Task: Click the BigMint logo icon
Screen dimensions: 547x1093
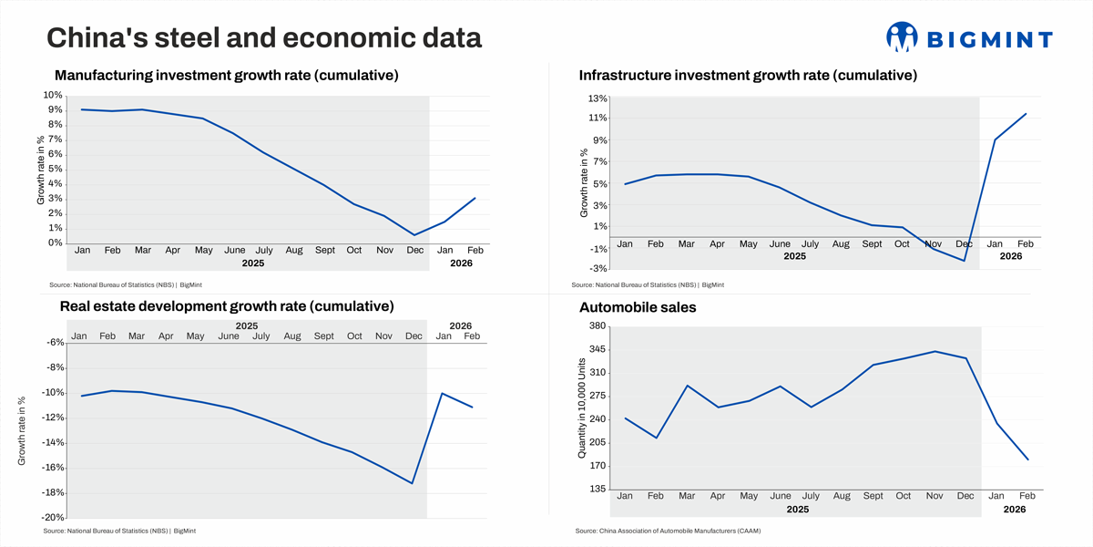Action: point(901,37)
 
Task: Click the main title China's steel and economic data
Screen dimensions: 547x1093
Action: point(264,38)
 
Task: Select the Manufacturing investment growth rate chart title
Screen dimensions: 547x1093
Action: point(227,75)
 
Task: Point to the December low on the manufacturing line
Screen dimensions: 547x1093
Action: point(414,235)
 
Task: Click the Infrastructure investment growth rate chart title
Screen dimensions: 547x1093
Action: point(748,75)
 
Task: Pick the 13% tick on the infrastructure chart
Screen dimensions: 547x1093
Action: point(598,98)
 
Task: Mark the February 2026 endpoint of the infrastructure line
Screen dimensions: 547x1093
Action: point(1027,114)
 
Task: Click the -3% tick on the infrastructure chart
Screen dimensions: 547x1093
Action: point(598,268)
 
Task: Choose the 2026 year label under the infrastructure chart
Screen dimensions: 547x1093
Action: point(1011,256)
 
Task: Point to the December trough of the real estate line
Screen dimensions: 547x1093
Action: point(414,483)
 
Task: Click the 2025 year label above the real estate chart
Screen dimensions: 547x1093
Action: point(247,325)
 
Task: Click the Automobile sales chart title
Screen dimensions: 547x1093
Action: point(638,308)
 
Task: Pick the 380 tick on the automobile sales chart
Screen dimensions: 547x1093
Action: point(598,326)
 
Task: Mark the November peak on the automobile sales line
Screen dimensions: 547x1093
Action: point(935,351)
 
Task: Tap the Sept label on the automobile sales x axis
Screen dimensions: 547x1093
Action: point(872,496)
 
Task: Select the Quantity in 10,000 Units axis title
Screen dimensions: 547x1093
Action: point(583,408)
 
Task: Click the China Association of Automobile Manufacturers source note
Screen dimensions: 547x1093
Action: point(668,531)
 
